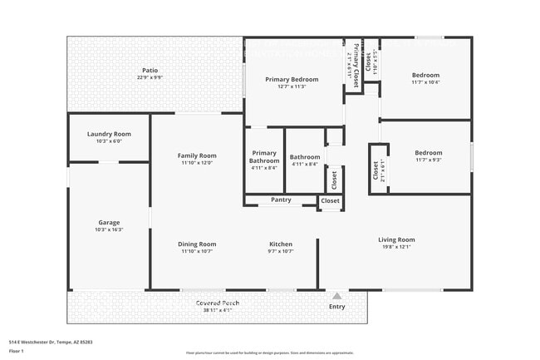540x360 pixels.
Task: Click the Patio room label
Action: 150,70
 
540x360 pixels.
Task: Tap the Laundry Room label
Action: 109,134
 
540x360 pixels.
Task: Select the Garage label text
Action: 109,222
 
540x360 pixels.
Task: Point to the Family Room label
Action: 197,155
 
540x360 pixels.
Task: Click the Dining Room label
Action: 197,244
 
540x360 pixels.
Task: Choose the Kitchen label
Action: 281,244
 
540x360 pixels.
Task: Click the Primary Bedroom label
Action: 292,79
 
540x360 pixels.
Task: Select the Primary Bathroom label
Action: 264,156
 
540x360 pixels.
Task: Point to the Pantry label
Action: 281,200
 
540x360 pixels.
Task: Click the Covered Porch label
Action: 218,303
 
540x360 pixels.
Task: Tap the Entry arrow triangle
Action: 336,295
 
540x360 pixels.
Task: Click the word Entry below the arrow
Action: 336,307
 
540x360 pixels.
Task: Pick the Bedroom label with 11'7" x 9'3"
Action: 429,152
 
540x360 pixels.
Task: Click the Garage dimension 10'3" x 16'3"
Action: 109,229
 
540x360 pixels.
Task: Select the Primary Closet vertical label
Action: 356,65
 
